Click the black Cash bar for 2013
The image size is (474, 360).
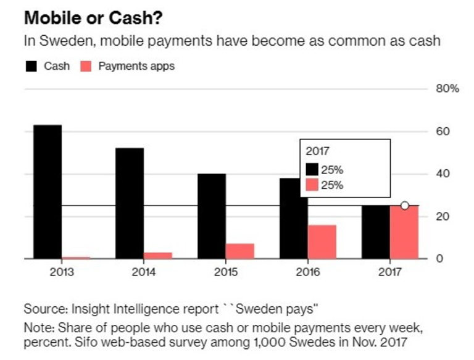48,191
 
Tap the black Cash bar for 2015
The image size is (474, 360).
212,216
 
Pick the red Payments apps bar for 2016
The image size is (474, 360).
322,241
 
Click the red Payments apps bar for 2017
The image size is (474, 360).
404,232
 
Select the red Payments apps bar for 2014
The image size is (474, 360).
158,255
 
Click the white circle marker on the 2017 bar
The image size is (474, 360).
404,206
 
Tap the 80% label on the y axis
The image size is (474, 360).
447,89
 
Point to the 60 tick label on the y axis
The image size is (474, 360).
442,132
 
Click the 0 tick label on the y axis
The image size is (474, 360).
439,259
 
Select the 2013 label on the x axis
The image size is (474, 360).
48,272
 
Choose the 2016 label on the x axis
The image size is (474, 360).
308,272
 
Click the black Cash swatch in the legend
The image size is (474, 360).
30,66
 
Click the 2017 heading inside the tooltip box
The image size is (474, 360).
317,151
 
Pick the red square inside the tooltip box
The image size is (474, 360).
313,185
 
